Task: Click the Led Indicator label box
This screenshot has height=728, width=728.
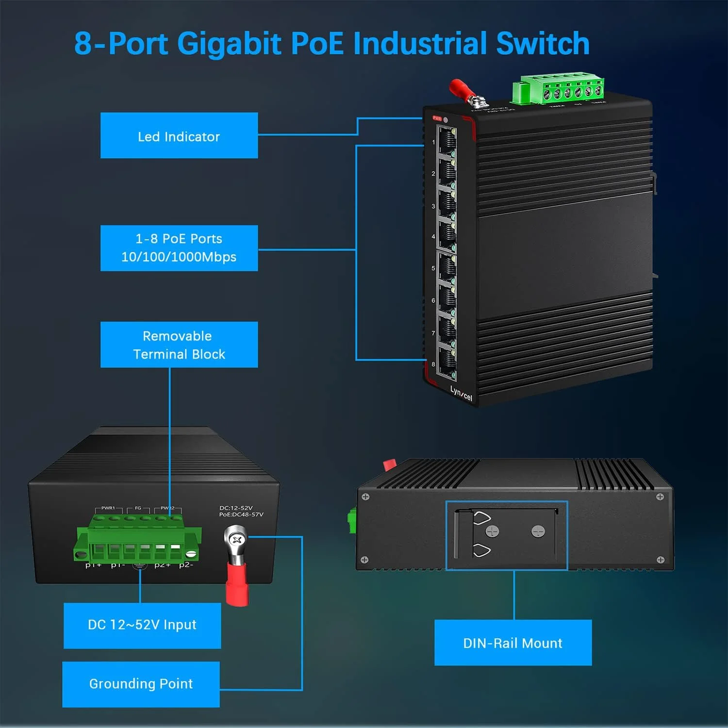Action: [x=179, y=135]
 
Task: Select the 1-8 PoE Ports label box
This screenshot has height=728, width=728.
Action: [x=179, y=248]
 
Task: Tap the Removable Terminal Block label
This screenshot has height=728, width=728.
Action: [x=179, y=345]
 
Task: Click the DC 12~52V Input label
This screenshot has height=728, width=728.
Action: [x=142, y=625]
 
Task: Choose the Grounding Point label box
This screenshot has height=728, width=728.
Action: [x=141, y=684]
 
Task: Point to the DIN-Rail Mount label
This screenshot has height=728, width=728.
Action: [x=513, y=643]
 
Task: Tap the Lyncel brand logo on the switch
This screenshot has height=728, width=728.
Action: [x=461, y=394]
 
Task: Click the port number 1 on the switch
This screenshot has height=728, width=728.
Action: [x=433, y=142]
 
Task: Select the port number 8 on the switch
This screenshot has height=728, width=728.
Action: [x=433, y=364]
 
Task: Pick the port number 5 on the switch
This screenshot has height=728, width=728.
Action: [x=433, y=268]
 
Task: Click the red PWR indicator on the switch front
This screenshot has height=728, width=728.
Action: [x=437, y=118]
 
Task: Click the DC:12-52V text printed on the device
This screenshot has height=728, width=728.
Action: [x=236, y=508]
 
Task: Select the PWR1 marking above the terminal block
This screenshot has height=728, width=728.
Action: [x=108, y=508]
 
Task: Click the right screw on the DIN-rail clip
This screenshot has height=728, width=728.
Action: [x=538, y=531]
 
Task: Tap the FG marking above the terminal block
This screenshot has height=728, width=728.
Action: [x=138, y=508]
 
